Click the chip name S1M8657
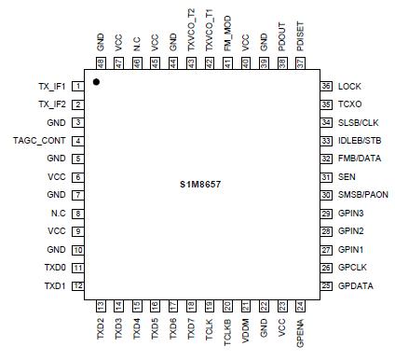200,185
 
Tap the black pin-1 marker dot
96,83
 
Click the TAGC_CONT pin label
38,141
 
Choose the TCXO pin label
349,104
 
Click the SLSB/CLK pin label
358,122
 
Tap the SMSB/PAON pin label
361,195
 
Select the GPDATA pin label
354,285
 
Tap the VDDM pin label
245,327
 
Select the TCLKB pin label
227,328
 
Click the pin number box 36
326,86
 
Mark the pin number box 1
78,87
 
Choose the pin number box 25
326,285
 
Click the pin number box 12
78,285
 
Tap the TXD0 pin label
55,268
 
